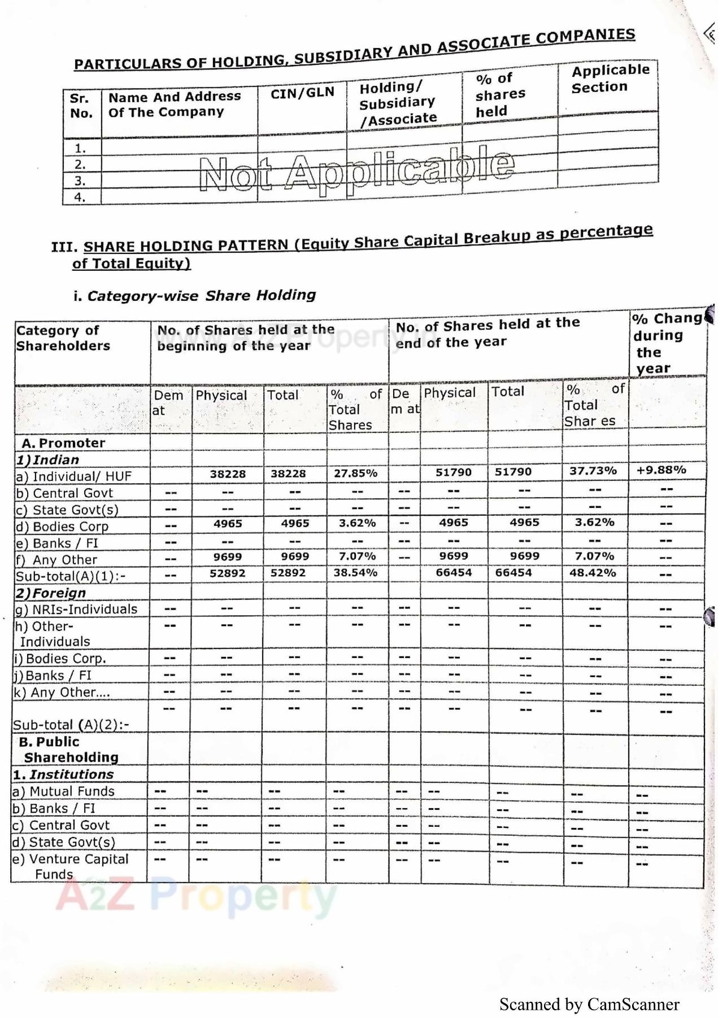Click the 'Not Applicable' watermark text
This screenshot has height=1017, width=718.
point(357,170)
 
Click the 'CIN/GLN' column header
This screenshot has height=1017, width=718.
point(302,93)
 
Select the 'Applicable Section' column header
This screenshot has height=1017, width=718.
point(610,78)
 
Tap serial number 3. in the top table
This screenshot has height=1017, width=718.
point(80,181)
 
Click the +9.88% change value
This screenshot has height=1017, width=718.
point(661,470)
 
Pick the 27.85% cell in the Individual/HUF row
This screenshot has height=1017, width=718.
point(355,473)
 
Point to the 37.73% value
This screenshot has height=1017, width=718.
point(593,471)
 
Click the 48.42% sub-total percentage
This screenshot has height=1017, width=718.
point(593,573)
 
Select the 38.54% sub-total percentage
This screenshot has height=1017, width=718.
point(355,573)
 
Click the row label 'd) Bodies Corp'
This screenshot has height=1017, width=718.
point(62,527)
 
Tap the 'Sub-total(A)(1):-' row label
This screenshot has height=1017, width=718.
point(71,576)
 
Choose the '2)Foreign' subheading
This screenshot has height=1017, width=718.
point(51,593)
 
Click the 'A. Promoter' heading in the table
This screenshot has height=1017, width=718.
point(63,443)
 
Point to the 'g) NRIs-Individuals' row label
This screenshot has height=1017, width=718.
point(76,610)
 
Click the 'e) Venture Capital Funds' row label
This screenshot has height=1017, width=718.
point(71,866)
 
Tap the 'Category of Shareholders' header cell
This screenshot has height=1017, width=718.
point(63,338)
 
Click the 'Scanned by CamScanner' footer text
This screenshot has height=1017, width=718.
point(589,1005)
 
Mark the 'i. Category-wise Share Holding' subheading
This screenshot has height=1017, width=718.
point(194,296)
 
